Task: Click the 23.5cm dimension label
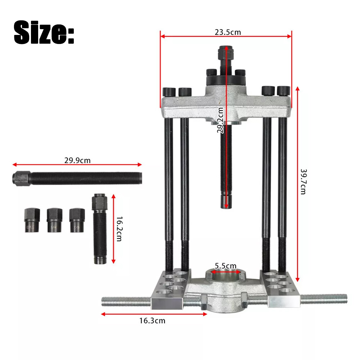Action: coord(228,32)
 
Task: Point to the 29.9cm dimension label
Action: coord(77,160)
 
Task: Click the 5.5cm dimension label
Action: coord(226,266)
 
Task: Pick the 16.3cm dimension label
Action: coord(153,320)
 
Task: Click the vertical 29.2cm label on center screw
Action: coord(220,121)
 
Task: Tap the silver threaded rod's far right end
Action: coord(345,298)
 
